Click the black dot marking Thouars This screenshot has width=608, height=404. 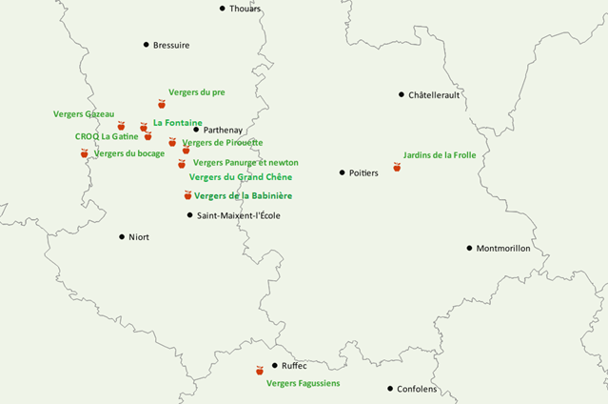coord(223,9)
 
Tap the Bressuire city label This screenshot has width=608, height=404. coord(172,45)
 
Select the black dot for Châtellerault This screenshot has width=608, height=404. coord(402,94)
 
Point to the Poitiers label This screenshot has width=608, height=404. coord(364,172)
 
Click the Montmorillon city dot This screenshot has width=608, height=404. coord(469,249)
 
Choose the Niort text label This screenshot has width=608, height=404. coord(139,237)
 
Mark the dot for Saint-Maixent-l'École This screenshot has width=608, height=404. coord(189,215)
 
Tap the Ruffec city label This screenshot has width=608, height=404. coord(295,366)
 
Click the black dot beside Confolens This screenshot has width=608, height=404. coord(390,389)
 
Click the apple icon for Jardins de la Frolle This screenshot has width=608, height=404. coord(397,167)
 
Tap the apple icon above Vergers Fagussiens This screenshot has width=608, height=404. coord(259,370)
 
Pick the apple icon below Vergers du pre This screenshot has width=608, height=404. coord(162,104)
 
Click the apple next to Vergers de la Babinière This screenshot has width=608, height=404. coord(187,195)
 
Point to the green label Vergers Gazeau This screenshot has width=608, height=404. coord(84,114)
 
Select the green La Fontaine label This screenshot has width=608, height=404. coord(177,123)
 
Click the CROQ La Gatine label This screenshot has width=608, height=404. coord(107,136)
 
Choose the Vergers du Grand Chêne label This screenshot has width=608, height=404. coord(241,177)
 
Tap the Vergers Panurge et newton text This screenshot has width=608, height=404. coord(245,163)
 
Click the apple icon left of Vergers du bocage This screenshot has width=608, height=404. coord(84,153)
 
